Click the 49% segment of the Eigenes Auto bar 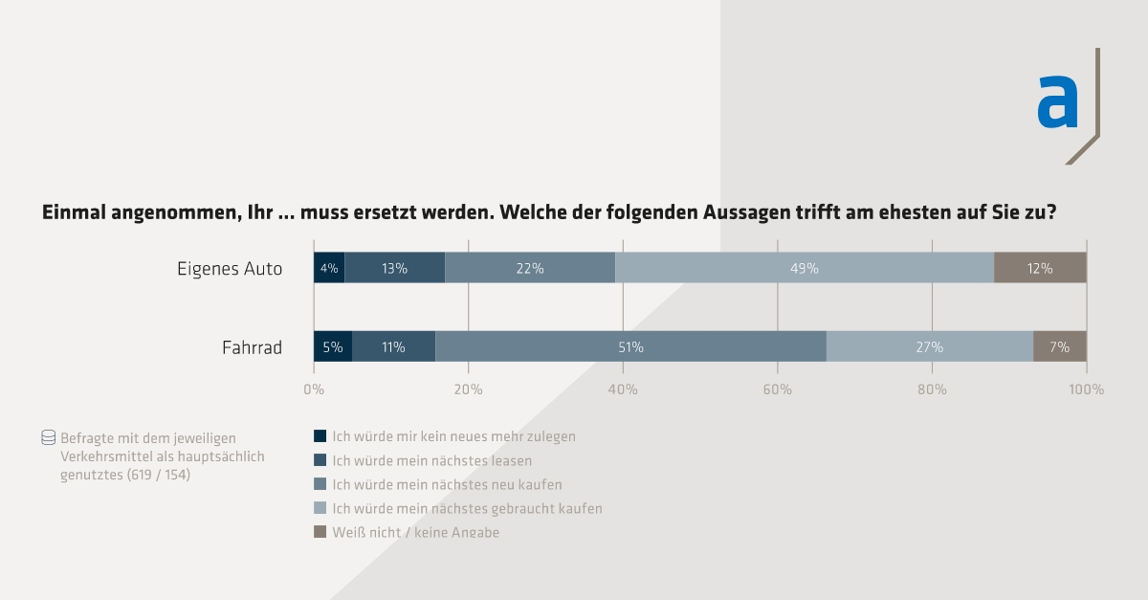(x=804, y=269)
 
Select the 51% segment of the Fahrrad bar (x=630, y=347)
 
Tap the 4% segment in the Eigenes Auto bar (x=329, y=269)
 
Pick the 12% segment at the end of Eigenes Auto (x=1040, y=269)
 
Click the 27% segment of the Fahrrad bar (x=930, y=347)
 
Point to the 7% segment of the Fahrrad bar (x=1059, y=347)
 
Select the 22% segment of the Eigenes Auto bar (x=530, y=269)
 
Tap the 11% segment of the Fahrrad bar (x=393, y=347)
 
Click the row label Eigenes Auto (x=230, y=269)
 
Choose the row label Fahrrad (x=252, y=347)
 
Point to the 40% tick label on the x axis (x=623, y=389)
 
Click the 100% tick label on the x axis (x=1086, y=389)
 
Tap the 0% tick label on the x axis (x=314, y=389)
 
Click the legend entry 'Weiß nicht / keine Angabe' (x=415, y=532)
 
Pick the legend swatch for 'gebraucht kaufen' (x=320, y=508)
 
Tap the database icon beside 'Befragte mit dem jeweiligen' (x=48, y=438)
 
